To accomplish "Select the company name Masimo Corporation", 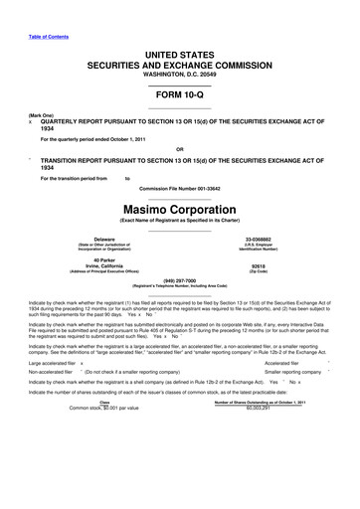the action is pyautogui.click(x=180, y=212).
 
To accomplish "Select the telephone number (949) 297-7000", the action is pyautogui.click(x=180, y=279).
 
